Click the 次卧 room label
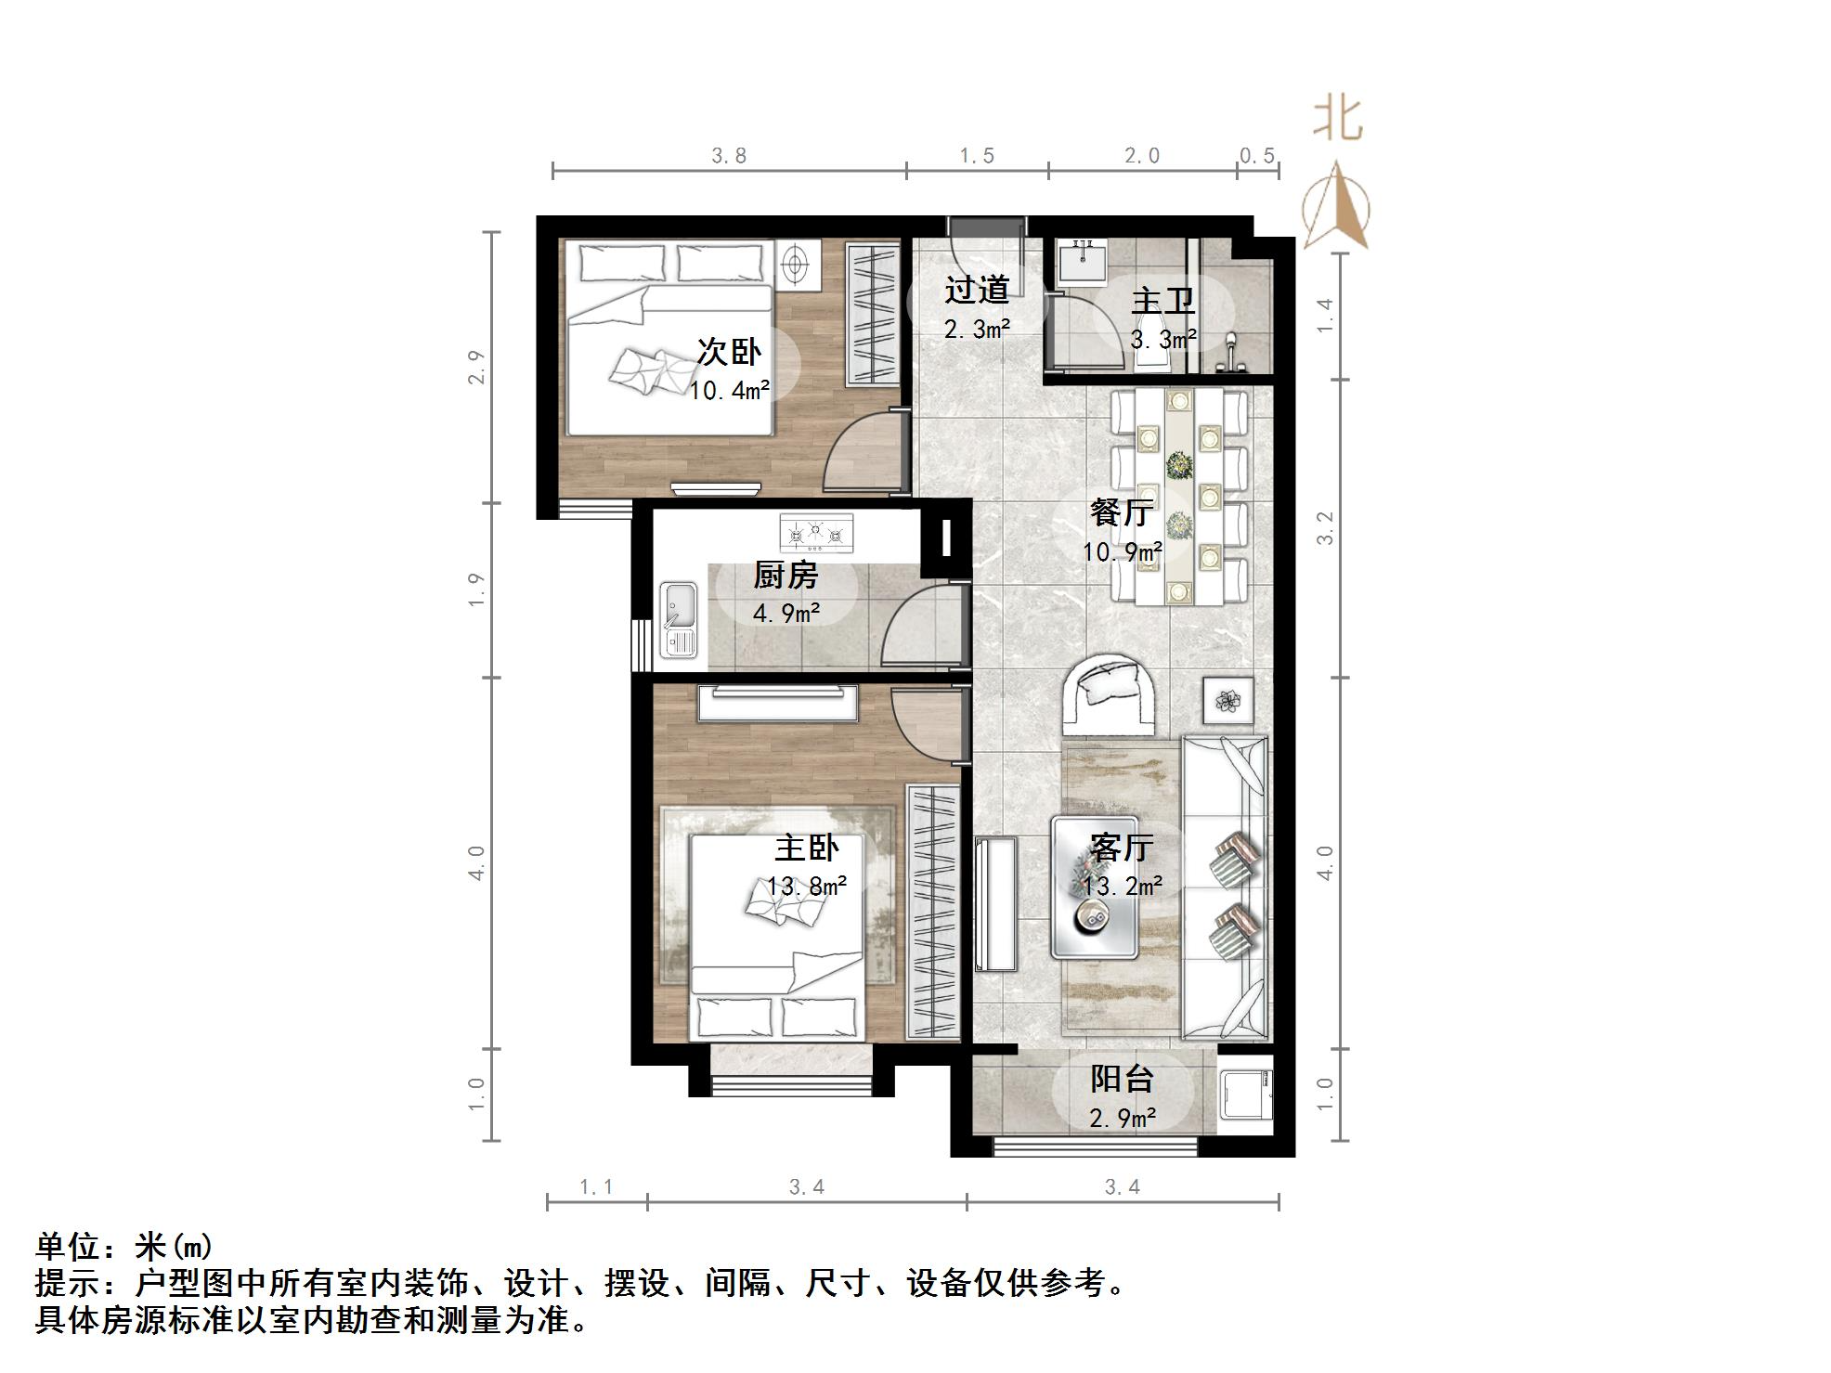[729, 352]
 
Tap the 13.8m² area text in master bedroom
[806, 886]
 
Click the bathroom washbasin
[1083, 259]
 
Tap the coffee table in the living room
[1095, 887]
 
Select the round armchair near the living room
[1110, 693]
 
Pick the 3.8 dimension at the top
[729, 156]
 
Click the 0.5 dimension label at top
[1257, 156]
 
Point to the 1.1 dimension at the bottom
[596, 1186]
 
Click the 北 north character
[1337, 120]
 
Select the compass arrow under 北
[1336, 207]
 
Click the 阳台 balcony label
[1122, 1079]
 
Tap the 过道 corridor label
[977, 290]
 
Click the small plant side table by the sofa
[1228, 701]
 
